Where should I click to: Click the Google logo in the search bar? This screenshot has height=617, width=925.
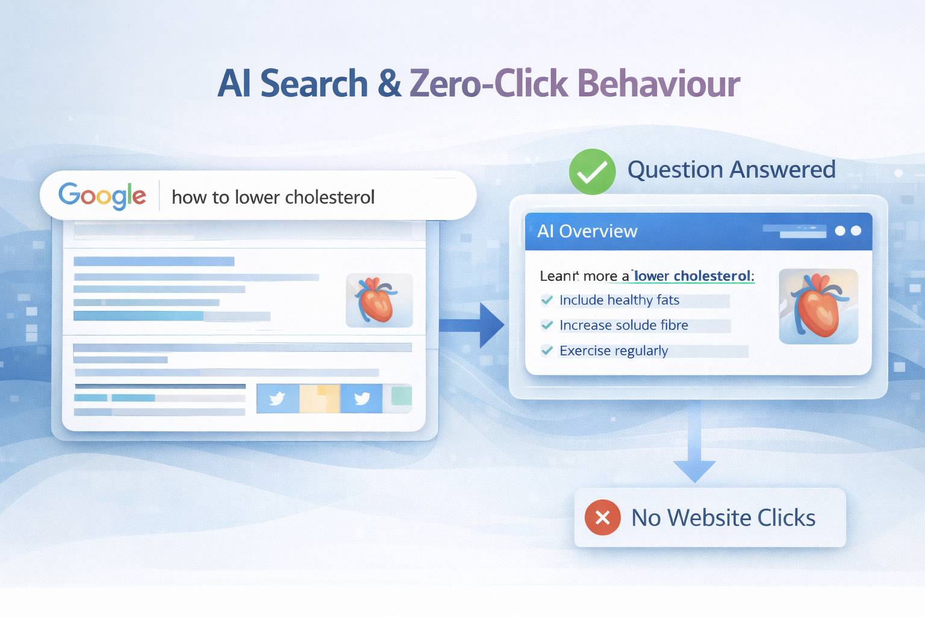[x=102, y=196]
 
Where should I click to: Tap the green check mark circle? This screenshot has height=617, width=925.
[x=592, y=172]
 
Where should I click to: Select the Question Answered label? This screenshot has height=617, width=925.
[x=731, y=170]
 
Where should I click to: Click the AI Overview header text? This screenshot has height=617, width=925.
[x=587, y=231]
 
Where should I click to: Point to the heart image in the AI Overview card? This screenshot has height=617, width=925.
[x=818, y=307]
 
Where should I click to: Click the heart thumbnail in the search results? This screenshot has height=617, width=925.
[x=379, y=300]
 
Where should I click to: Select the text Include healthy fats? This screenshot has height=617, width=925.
[x=619, y=300]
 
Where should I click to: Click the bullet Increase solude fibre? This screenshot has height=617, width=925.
[x=623, y=325]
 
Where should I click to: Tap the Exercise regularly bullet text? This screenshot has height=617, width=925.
[x=614, y=351]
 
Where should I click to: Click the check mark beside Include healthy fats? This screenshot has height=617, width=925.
[x=547, y=300]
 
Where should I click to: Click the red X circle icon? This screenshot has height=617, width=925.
[x=602, y=518]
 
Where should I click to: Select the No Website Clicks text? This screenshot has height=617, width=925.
[x=723, y=518]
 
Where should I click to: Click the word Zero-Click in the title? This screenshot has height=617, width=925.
[x=488, y=84]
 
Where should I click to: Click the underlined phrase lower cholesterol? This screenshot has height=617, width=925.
[x=693, y=276]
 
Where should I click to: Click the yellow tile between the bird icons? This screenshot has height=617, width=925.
[x=320, y=398]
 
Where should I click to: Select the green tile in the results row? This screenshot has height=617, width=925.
[x=402, y=396]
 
